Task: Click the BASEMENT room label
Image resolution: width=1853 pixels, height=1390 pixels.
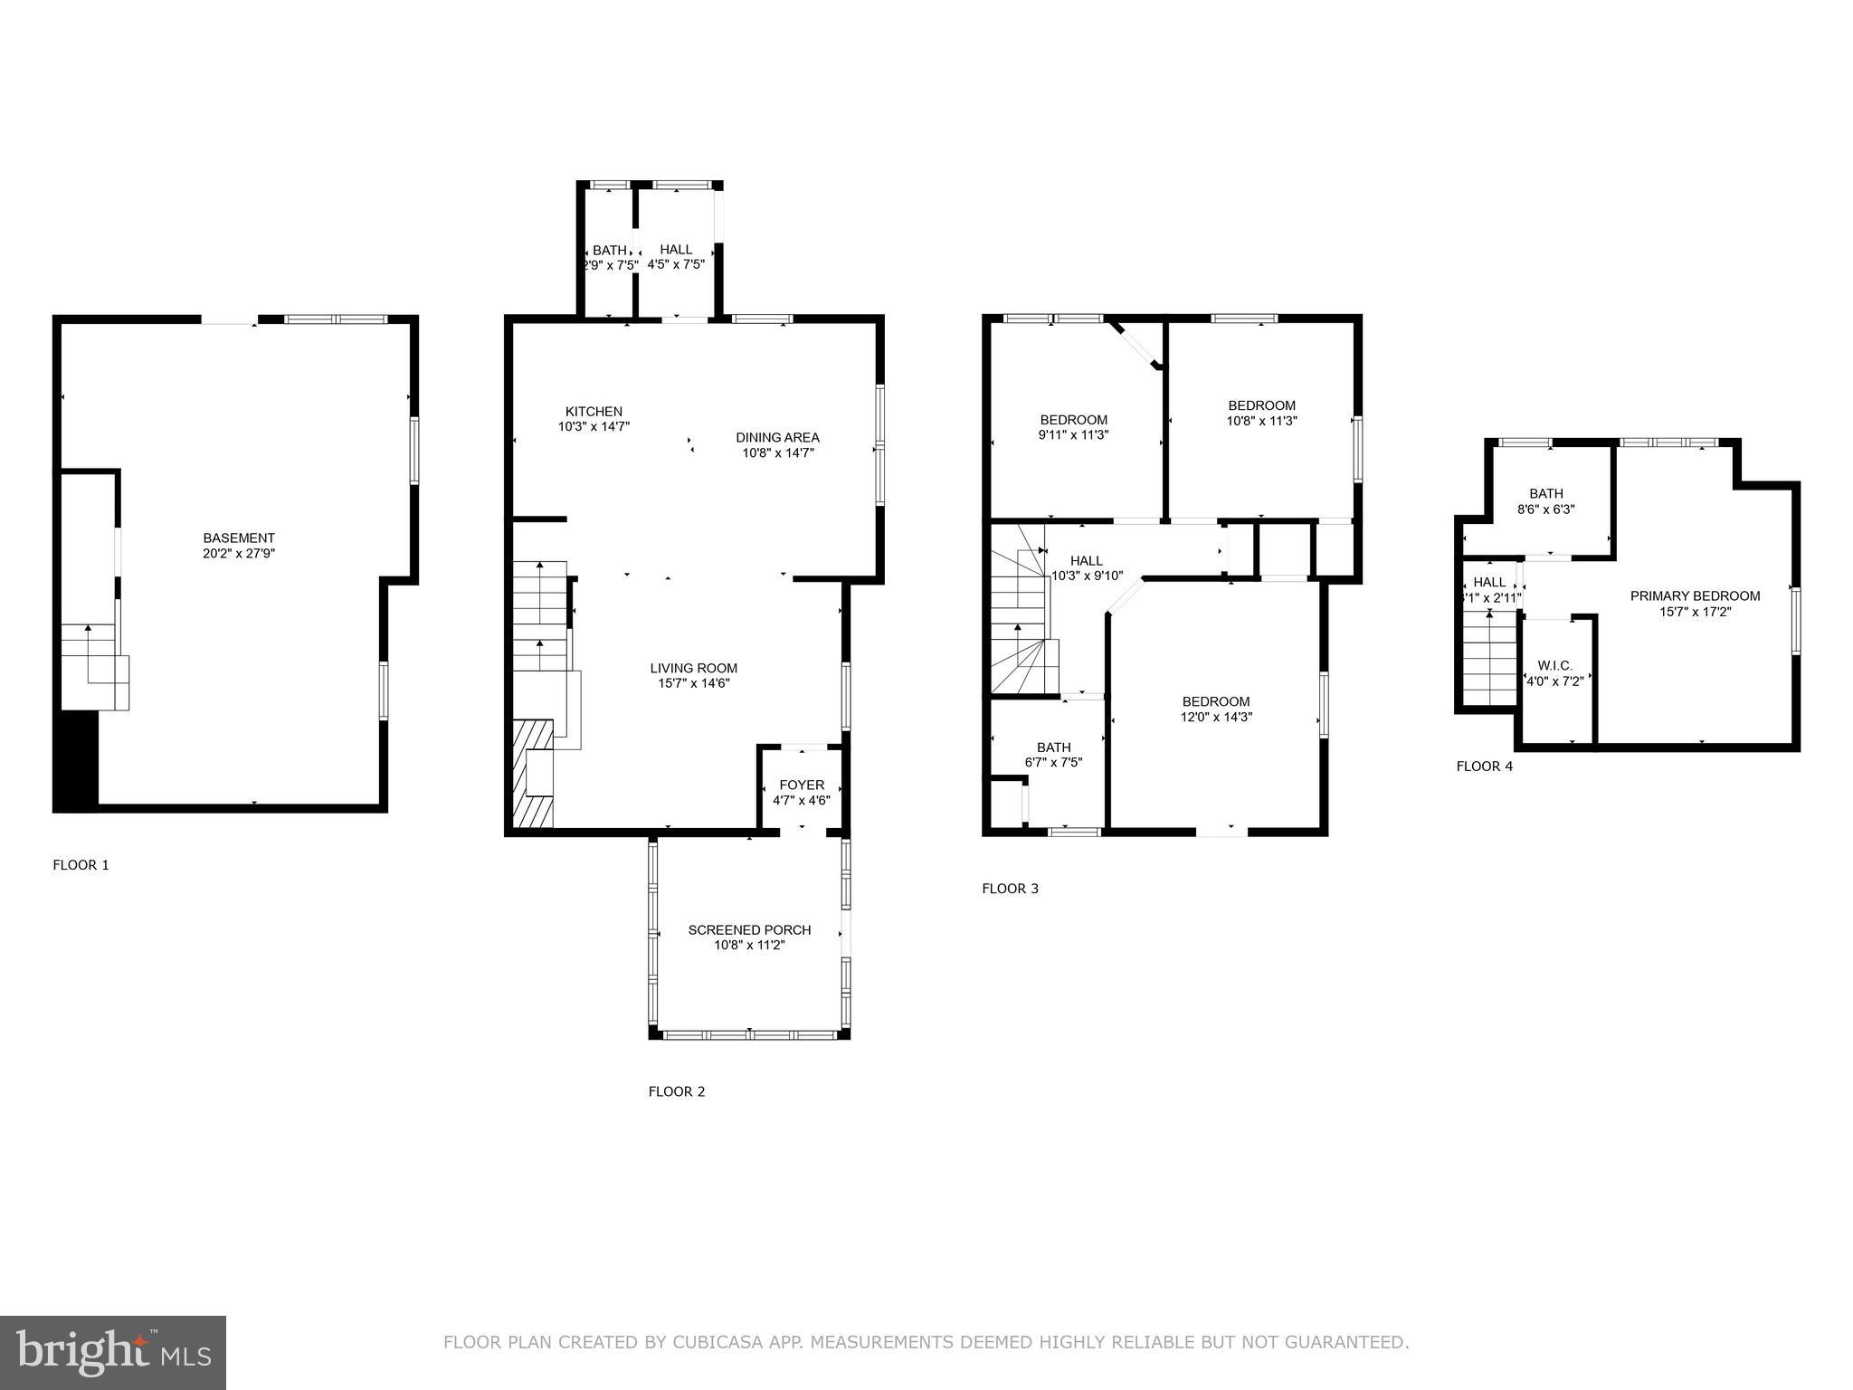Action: pos(238,538)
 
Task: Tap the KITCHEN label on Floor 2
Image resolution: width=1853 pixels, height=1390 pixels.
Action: pos(594,411)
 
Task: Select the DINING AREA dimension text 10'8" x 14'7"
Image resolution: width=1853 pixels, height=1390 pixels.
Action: pos(778,453)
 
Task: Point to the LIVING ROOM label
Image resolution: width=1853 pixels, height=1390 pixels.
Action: pos(693,669)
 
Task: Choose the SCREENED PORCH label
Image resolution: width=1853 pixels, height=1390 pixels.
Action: pos(749,929)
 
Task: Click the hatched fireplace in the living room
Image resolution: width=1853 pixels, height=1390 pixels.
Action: pos(532,774)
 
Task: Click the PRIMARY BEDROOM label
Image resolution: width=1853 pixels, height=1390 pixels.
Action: pos(1695,595)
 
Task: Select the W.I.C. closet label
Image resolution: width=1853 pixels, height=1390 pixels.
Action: pos(1554,665)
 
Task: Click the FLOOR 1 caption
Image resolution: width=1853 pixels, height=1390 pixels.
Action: pos(81,865)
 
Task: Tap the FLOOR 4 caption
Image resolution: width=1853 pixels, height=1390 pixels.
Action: pos(1484,766)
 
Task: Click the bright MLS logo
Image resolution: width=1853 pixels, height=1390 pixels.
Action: pos(113,1352)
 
